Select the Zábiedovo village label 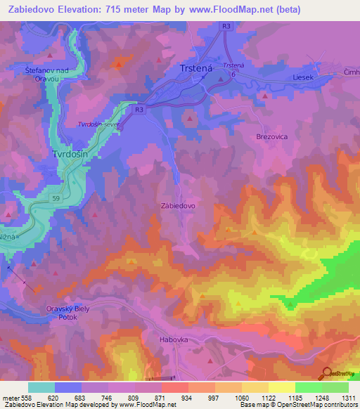click(x=179, y=206)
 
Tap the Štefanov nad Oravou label click(x=41, y=74)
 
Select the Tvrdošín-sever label click(x=100, y=124)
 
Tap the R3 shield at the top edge click(x=226, y=27)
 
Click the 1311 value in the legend click(x=349, y=398)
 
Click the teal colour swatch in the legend click(x=41, y=387)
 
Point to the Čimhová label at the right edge click(x=352, y=72)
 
